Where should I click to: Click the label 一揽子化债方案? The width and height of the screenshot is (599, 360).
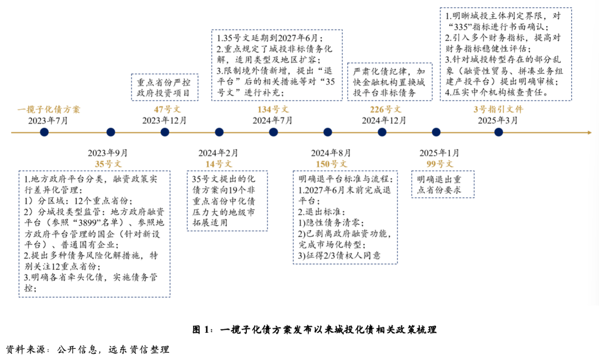[49, 109]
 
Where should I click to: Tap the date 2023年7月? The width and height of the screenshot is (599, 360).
[49, 120]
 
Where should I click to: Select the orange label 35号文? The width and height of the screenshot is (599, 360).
[108, 164]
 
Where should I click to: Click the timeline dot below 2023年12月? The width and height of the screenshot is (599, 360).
[165, 132]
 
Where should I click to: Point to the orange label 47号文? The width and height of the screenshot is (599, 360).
[165, 109]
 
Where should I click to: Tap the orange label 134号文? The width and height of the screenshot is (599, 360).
[273, 109]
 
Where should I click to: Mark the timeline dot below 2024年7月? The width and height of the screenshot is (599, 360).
[273, 132]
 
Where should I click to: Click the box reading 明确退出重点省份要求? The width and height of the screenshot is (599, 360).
[442, 185]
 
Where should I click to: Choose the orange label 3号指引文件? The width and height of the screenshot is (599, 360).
[498, 109]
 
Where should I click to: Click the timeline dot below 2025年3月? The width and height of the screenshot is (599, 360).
[498, 132]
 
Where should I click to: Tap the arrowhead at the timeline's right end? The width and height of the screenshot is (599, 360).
[589, 132]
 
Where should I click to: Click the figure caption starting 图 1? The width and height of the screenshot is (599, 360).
[314, 330]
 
